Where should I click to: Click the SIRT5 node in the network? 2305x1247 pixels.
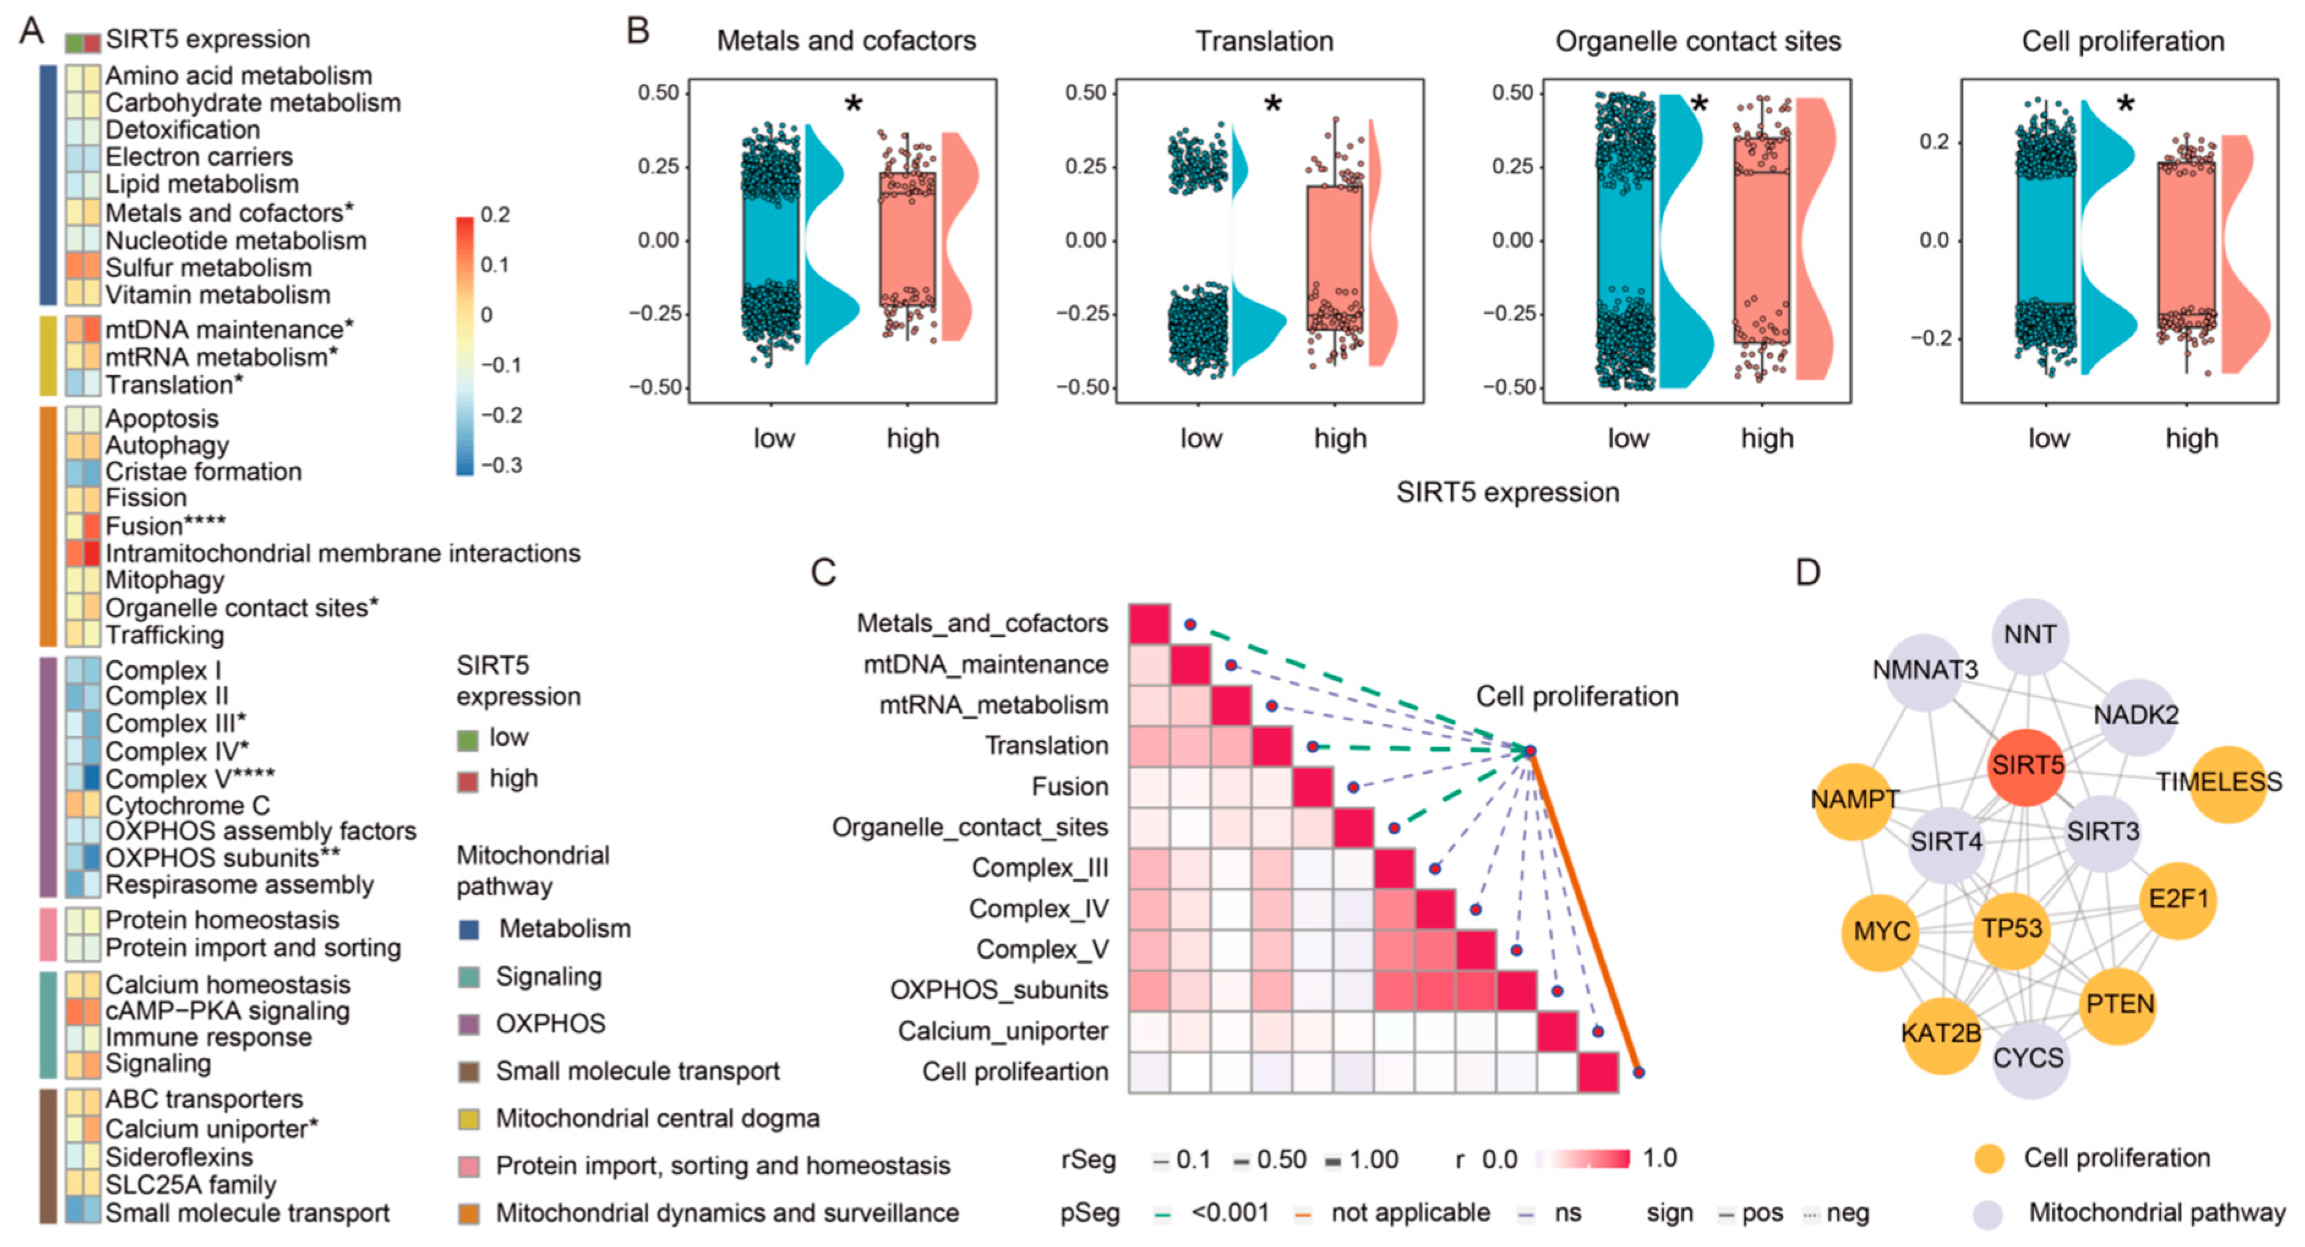(2027, 765)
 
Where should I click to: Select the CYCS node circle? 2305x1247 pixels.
(2028, 1059)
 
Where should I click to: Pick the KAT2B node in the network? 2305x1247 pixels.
(1941, 1034)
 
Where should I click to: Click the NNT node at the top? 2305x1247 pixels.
(2030, 635)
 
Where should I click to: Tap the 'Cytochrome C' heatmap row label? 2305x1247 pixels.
(187, 805)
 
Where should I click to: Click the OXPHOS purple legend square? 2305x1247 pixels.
(468, 1024)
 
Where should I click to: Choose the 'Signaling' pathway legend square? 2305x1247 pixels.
(468, 977)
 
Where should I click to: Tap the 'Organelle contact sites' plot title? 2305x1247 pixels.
(1697, 41)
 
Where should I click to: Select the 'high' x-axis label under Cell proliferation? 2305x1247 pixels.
(2191, 438)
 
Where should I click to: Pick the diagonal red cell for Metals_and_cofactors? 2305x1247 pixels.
(1149, 624)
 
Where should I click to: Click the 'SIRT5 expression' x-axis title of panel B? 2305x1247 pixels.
(1507, 492)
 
